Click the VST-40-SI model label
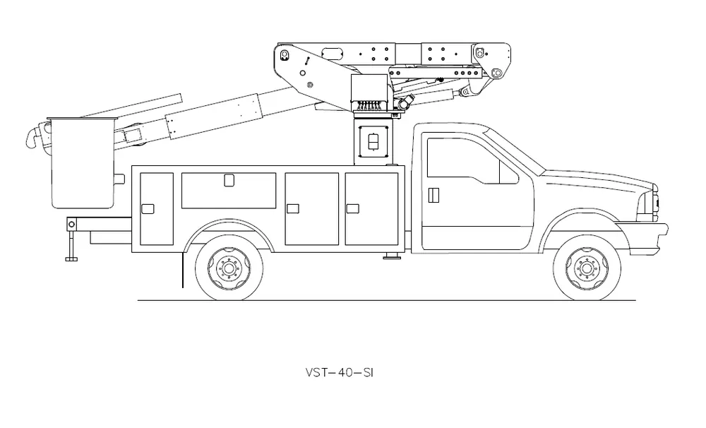point(340,373)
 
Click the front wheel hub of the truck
point(586,268)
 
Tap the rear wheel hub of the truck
point(229,268)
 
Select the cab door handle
point(433,195)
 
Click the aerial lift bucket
point(83,163)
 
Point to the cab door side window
point(472,161)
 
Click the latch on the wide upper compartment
point(229,180)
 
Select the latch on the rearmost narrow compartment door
point(148,208)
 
